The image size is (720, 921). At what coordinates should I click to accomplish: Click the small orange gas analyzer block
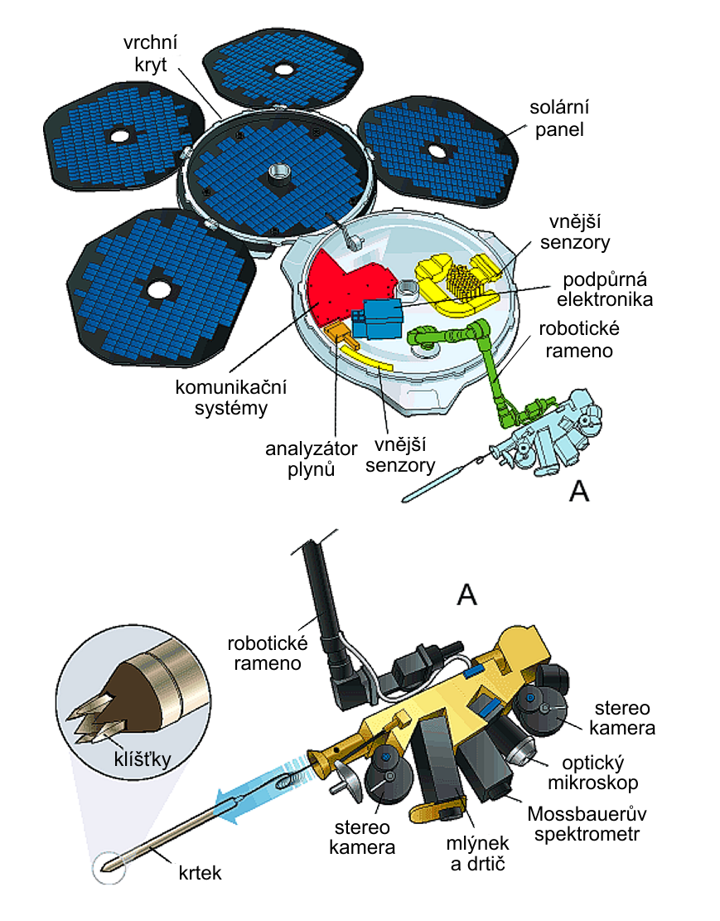(x=336, y=333)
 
